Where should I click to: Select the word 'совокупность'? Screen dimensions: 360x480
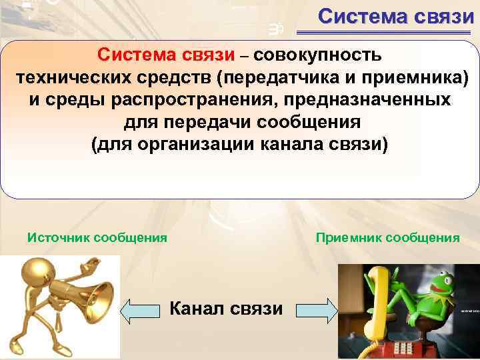click(317, 53)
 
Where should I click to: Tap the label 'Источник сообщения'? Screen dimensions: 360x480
click(97, 237)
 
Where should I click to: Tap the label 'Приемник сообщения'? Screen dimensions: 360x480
click(387, 237)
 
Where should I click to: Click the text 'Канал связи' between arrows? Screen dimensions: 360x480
click(227, 309)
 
